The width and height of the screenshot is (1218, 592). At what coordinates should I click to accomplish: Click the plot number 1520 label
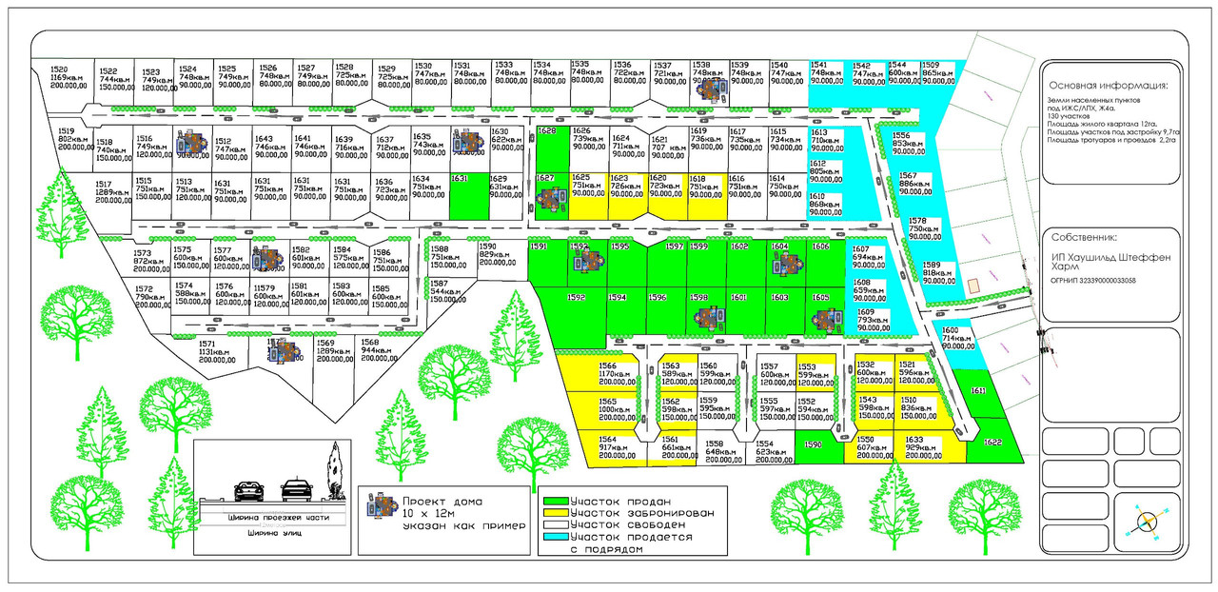pyautogui.click(x=59, y=69)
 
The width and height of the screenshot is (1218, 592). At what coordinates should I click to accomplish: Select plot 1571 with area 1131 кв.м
pyautogui.click(x=208, y=351)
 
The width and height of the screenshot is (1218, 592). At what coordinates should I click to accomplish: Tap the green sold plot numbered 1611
pyautogui.click(x=977, y=391)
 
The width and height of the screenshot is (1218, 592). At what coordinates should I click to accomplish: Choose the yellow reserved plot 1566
pyautogui.click(x=610, y=373)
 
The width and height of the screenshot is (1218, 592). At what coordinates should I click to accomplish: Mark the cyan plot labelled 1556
pyautogui.click(x=903, y=144)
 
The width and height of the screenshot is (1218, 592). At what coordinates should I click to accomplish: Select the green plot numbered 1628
pyautogui.click(x=547, y=130)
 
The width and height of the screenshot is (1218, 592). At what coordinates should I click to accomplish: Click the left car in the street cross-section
pyautogui.click(x=249, y=490)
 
